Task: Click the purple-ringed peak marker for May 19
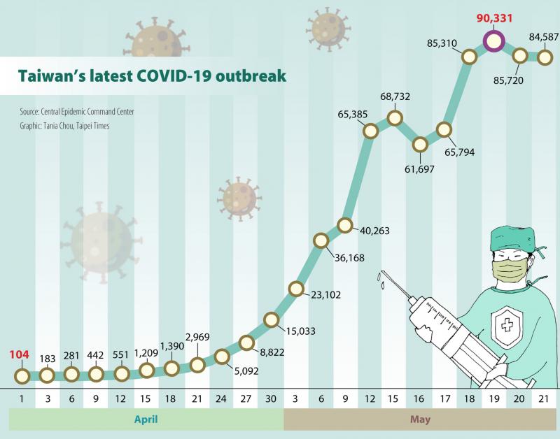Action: tap(494, 41)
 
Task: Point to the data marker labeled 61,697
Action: tap(420, 145)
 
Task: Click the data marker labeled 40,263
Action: tap(344, 225)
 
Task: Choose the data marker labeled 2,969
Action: tap(197, 364)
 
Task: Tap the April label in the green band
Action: tap(146, 419)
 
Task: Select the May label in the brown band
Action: tap(421, 419)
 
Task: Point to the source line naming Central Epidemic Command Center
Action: tap(77, 112)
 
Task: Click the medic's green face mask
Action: tap(510, 271)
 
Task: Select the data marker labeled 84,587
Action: tap(545, 56)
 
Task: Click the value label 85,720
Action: tap(508, 80)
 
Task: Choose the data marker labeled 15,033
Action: tap(272, 319)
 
